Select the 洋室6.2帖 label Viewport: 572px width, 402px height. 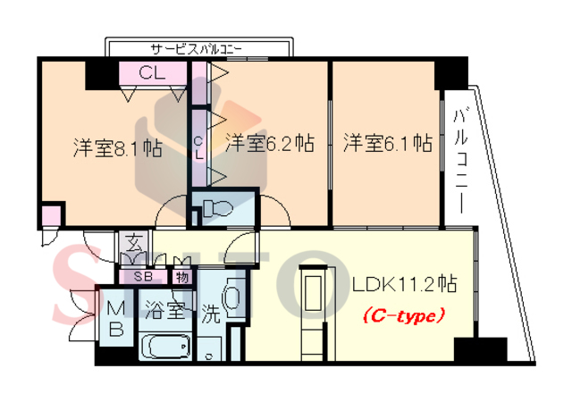(269, 143)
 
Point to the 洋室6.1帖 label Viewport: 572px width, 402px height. (389, 143)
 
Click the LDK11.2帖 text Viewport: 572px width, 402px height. (404, 285)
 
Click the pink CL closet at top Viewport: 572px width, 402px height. (152, 74)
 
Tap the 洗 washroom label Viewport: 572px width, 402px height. (211, 314)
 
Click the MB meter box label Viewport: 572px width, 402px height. (117, 318)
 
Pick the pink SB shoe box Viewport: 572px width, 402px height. (142, 276)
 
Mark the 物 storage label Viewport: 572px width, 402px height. (182, 276)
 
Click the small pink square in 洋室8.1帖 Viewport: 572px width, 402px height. (52, 216)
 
